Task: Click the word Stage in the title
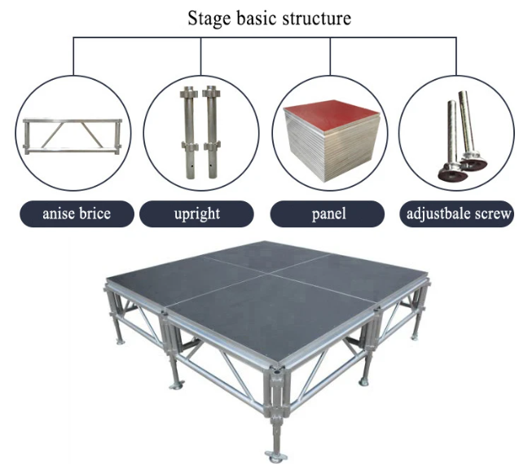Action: pos(209,19)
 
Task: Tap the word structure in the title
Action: pos(317,18)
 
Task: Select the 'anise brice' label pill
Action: pos(77,213)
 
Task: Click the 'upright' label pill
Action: pos(196,213)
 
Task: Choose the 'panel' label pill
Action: pos(328,213)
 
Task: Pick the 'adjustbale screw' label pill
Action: pos(456,213)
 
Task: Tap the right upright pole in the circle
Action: pos(211,132)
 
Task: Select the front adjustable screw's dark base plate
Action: pos(452,174)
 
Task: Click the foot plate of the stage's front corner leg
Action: pos(275,457)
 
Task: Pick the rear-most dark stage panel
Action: pos(266,255)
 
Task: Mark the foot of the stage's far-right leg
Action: pos(415,337)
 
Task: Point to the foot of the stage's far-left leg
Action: pos(121,342)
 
